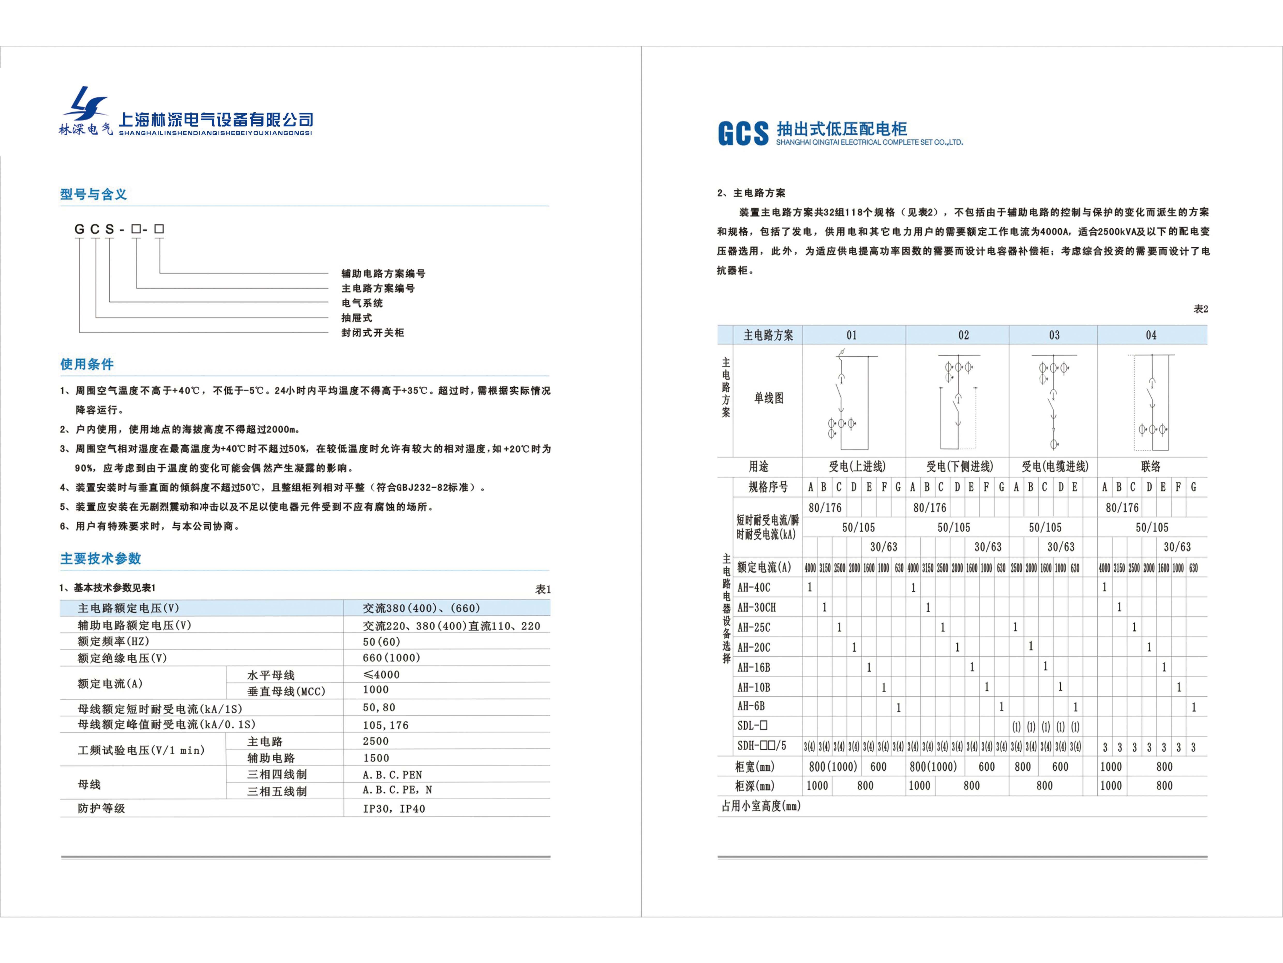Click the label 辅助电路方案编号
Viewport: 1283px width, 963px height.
point(383,273)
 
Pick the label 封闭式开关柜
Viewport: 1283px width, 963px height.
point(372,333)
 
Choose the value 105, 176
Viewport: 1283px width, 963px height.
point(386,725)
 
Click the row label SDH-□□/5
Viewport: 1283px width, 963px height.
point(762,746)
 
